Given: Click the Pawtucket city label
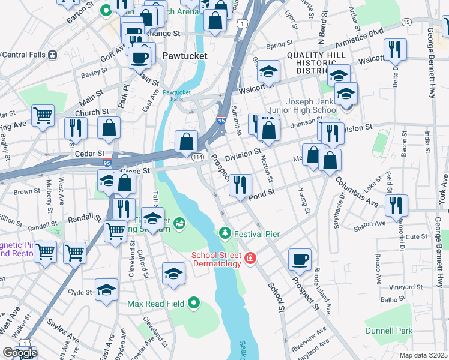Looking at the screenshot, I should (x=185, y=56).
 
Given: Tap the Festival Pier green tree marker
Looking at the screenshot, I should (x=225, y=232).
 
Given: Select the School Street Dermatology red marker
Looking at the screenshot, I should (x=250, y=259).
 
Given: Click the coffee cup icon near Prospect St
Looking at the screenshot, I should (x=300, y=260).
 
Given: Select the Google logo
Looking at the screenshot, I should (x=20, y=353).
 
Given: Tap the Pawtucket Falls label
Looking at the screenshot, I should (x=176, y=96).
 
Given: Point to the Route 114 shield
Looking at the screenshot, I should (x=197, y=157).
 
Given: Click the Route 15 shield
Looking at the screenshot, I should (x=406, y=22).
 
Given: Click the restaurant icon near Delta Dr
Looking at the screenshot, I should (x=396, y=50).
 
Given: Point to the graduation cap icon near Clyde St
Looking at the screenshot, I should (x=106, y=291).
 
